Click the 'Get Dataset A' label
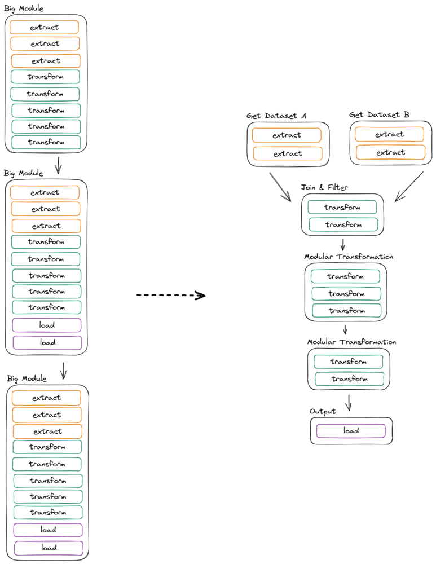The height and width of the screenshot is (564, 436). [276, 116]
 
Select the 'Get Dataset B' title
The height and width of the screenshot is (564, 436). [379, 114]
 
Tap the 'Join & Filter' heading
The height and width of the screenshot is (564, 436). [324, 187]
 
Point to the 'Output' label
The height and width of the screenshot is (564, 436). [323, 412]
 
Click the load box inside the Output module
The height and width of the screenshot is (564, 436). [351, 430]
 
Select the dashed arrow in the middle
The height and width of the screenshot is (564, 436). [171, 296]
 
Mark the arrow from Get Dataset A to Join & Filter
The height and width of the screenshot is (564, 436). [280, 187]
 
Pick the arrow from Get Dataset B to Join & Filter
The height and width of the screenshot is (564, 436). [409, 186]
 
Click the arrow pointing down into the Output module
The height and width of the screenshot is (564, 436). [348, 403]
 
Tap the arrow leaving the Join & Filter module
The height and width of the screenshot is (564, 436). [343, 245]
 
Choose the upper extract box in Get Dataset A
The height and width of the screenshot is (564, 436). [287, 135]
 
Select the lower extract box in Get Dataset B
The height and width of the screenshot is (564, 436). [391, 152]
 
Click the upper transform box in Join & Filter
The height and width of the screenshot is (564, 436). [342, 207]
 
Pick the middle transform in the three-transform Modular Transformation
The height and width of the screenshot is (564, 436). [346, 293]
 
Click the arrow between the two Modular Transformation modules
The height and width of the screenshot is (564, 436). [345, 329]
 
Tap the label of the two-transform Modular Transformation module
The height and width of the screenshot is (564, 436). [351, 342]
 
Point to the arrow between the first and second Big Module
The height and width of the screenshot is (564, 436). [58, 165]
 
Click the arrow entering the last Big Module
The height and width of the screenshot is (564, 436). [63, 371]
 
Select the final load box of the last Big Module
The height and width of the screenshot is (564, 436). [49, 548]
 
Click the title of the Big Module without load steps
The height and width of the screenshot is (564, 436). [24, 8]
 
